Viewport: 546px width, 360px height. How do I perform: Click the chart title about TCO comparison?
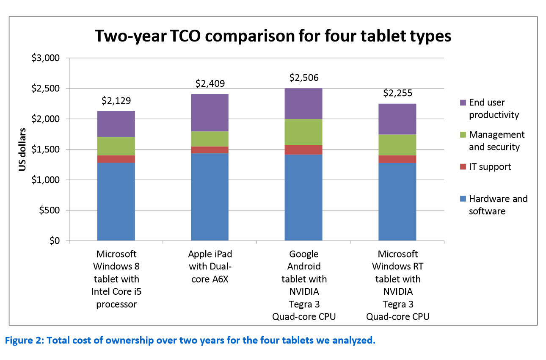pyautogui.click(x=273, y=36)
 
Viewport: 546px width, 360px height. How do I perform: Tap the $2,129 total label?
pyautogui.click(x=116, y=101)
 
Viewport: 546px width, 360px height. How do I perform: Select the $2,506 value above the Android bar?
pyautogui.click(x=303, y=78)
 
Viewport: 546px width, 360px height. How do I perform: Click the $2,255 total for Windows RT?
pyautogui.click(x=397, y=93)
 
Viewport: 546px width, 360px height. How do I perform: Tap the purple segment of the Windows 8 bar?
pyautogui.click(x=116, y=124)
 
